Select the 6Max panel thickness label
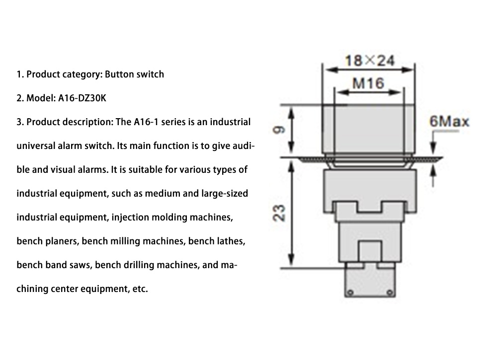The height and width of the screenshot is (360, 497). coord(449,122)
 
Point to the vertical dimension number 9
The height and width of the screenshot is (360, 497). coord(279,131)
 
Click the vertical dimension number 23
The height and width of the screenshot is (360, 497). coord(279,214)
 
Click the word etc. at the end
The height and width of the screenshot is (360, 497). coord(139,288)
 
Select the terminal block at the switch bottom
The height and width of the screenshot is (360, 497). coord(369,283)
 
